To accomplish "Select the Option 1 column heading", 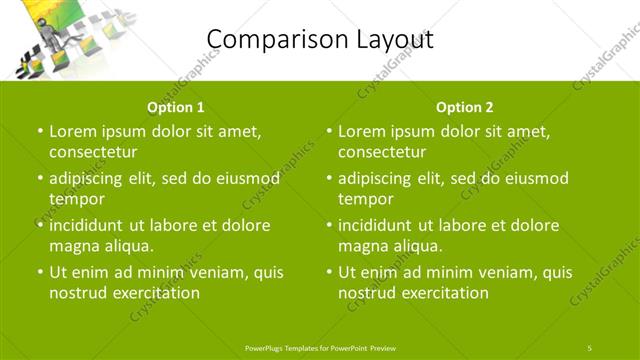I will click(x=175, y=107).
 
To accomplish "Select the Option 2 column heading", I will click(x=464, y=107).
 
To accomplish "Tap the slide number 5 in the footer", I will click(x=590, y=347).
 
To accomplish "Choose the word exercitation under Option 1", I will click(x=154, y=293).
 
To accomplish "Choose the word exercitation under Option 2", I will click(x=444, y=293).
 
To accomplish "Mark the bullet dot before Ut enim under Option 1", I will click(x=38, y=272).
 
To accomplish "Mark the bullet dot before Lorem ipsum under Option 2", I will click(x=328, y=131).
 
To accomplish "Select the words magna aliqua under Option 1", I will click(x=101, y=246).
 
